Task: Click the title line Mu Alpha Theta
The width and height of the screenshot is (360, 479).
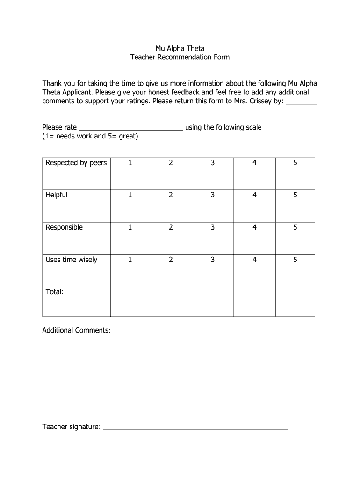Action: click(180, 48)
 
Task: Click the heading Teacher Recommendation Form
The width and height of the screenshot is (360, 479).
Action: click(180, 58)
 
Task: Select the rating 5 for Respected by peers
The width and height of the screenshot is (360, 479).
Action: click(295, 163)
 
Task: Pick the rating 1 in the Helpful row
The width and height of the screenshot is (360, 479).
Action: click(130, 195)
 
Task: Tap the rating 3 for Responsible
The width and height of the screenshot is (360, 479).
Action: click(212, 227)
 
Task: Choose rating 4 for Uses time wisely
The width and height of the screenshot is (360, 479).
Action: click(254, 260)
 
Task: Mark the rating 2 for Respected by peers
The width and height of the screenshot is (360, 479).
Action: click(171, 163)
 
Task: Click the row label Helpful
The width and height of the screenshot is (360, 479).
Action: click(57, 195)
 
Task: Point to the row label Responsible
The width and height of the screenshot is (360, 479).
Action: click(64, 227)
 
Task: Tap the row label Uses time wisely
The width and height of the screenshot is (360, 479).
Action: click(72, 260)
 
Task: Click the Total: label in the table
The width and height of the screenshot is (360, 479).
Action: click(55, 292)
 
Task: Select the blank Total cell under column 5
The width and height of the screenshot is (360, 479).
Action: click(295, 302)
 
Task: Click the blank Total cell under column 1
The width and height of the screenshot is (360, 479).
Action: click(130, 302)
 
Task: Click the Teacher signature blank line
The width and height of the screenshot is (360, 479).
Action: click(195, 428)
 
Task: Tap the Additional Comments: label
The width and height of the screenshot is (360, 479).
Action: click(77, 330)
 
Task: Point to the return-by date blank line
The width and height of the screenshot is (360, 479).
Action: click(301, 102)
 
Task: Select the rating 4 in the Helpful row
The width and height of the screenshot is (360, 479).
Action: click(254, 195)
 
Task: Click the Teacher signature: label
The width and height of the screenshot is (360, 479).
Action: click(72, 427)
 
